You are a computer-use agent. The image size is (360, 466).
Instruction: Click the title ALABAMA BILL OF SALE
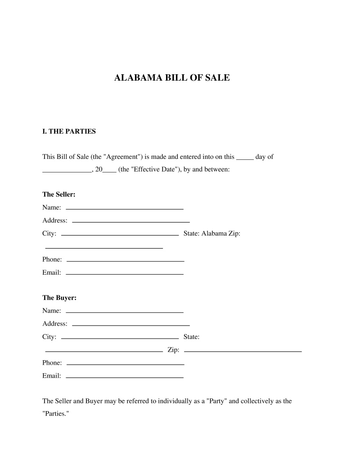(x=172, y=78)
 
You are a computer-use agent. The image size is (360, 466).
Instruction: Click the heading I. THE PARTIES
(x=69, y=132)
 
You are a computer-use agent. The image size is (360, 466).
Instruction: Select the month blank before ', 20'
(x=67, y=172)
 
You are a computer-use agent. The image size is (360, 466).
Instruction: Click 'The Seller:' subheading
(x=58, y=195)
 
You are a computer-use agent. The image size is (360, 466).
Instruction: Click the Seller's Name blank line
(x=125, y=209)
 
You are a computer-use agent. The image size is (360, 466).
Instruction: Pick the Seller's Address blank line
(x=130, y=222)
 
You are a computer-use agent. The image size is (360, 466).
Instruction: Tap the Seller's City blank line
(x=120, y=235)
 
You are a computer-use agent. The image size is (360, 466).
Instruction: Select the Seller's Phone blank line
(x=125, y=261)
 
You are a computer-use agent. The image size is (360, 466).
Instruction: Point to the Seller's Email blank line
(x=125, y=274)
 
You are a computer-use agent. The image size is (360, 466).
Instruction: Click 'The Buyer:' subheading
(x=59, y=298)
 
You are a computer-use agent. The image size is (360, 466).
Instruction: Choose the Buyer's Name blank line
(x=125, y=312)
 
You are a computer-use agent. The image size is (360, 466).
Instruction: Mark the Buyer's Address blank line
(x=130, y=325)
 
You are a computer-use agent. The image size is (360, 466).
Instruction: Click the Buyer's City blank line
(x=120, y=338)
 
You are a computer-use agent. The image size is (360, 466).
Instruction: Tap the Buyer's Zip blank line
(x=243, y=351)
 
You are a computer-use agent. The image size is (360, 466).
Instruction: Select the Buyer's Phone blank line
(x=125, y=364)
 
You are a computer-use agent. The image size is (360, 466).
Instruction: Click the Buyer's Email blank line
(x=125, y=377)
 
